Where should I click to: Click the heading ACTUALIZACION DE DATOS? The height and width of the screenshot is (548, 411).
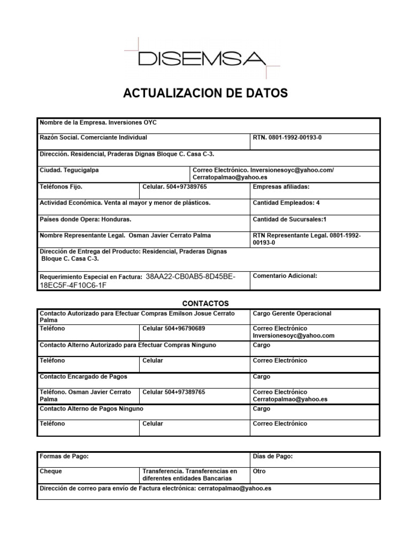tap(205, 94)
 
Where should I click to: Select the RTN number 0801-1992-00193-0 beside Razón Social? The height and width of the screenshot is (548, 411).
tap(295, 138)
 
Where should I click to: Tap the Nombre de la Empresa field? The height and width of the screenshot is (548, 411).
tap(98, 123)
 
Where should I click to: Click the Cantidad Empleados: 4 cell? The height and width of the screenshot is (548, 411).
tap(286, 203)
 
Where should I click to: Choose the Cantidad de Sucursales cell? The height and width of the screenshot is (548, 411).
tap(289, 219)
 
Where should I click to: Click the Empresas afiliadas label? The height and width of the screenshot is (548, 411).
tap(281, 187)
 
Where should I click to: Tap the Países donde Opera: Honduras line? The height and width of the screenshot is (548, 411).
tap(86, 219)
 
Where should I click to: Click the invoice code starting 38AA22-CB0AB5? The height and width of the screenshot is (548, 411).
tap(190, 277)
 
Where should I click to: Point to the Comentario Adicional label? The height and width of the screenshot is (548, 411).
tap(285, 276)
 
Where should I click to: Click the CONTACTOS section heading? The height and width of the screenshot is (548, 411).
tap(205, 303)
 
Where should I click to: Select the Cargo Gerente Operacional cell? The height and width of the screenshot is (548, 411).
tap(292, 314)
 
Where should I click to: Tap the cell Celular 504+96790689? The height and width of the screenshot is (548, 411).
tap(174, 329)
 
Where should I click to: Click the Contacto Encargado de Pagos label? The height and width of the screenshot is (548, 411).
tap(83, 377)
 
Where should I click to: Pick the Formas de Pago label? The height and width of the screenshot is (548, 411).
tap(64, 456)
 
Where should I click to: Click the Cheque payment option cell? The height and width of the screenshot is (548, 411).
tap(51, 471)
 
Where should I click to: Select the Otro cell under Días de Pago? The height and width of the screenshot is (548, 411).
tap(259, 471)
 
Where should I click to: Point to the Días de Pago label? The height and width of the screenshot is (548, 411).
tap(272, 456)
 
